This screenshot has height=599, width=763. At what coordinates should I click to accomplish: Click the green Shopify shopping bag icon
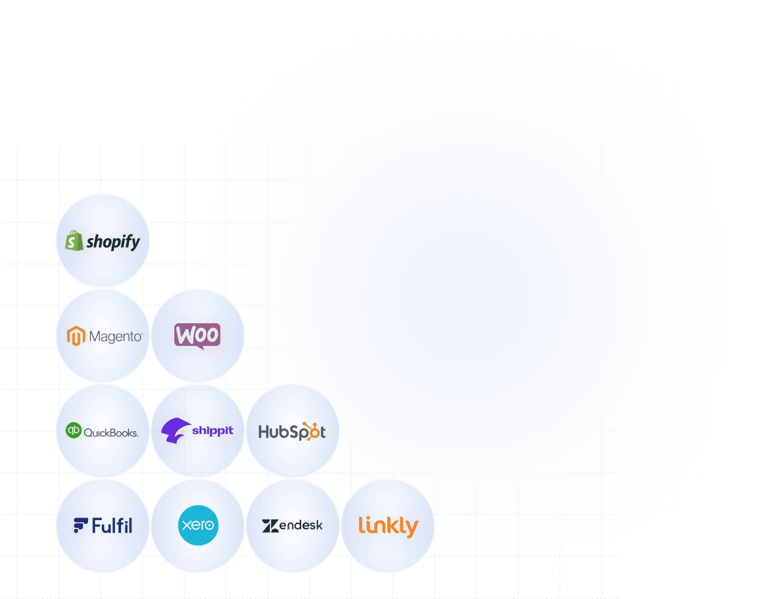74,241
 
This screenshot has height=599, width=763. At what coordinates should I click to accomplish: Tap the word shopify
113,242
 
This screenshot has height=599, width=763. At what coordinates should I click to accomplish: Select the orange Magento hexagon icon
76,336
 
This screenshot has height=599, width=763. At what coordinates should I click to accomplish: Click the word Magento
115,336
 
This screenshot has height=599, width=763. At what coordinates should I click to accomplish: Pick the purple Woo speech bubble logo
197,336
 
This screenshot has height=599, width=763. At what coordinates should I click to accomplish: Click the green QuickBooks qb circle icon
74,430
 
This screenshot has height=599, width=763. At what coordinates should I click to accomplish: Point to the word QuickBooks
111,433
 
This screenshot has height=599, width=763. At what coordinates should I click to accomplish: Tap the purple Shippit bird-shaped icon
174,431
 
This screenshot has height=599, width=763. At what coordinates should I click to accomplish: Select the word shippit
212,431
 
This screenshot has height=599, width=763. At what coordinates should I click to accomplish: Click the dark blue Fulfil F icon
80,525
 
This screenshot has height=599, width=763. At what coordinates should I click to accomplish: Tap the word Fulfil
112,525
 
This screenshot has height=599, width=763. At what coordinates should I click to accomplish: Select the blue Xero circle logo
198,525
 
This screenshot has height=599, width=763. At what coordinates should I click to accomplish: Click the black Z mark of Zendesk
270,526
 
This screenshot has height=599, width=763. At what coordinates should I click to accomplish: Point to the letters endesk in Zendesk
301,525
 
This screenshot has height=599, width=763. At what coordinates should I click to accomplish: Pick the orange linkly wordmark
388,526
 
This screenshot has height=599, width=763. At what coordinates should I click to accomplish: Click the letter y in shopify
135,243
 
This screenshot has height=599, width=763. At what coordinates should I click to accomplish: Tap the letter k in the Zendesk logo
318,524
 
